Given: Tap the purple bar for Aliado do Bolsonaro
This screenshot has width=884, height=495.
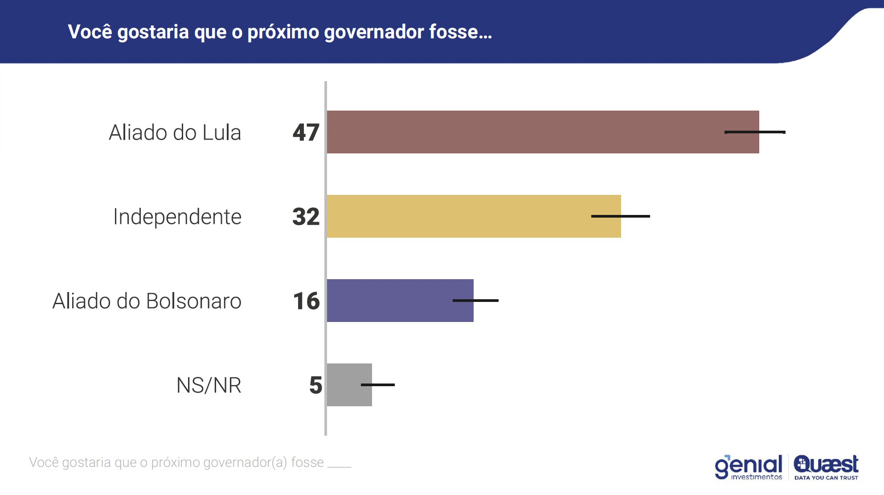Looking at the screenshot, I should (x=392, y=301).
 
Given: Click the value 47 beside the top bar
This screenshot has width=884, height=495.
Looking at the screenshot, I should (x=306, y=132).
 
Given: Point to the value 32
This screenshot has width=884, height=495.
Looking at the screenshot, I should (x=306, y=217).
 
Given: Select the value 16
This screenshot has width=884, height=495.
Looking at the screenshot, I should (x=307, y=301).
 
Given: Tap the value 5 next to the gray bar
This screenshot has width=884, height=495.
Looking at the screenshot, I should (x=315, y=385).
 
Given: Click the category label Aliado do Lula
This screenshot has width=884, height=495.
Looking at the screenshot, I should (x=175, y=132).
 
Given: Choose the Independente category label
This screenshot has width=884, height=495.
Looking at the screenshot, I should (x=177, y=217).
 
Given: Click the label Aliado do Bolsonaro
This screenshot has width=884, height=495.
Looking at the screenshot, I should (x=147, y=301).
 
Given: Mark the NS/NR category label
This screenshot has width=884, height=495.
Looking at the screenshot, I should (x=209, y=385).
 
